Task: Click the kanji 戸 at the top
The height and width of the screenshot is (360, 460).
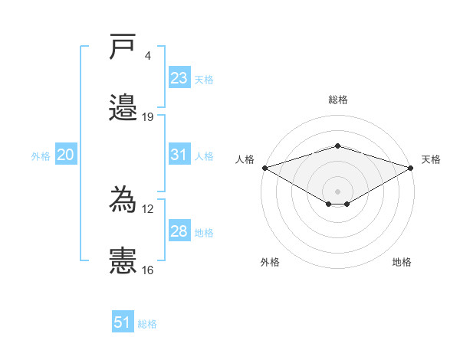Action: click(x=123, y=46)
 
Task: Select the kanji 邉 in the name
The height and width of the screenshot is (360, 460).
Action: click(x=123, y=107)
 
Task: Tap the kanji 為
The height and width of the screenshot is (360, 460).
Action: click(x=123, y=199)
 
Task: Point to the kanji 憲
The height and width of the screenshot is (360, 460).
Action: click(x=123, y=260)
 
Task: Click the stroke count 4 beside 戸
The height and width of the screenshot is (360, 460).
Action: click(x=147, y=56)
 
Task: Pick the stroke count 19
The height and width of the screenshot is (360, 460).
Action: click(x=147, y=117)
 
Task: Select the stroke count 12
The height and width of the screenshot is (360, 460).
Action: click(x=147, y=209)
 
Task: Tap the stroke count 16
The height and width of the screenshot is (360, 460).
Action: click(x=147, y=270)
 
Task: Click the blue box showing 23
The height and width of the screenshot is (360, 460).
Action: click(x=179, y=77)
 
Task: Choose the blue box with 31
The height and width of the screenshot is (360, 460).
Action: click(x=179, y=154)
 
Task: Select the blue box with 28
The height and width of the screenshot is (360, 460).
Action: click(x=179, y=230)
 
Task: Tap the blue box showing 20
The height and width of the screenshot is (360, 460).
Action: click(x=66, y=154)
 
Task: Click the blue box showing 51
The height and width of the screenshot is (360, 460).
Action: click(x=123, y=321)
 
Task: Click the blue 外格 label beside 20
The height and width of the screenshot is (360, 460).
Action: click(x=41, y=156)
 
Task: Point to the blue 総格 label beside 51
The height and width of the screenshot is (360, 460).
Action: click(x=147, y=324)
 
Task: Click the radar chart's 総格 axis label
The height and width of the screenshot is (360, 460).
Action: click(x=338, y=100)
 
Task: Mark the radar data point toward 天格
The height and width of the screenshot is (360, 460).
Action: click(x=411, y=168)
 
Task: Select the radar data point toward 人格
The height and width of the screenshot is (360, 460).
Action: click(x=265, y=168)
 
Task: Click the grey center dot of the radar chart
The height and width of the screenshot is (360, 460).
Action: click(x=337, y=191)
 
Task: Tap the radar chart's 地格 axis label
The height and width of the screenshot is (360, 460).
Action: click(x=402, y=262)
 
